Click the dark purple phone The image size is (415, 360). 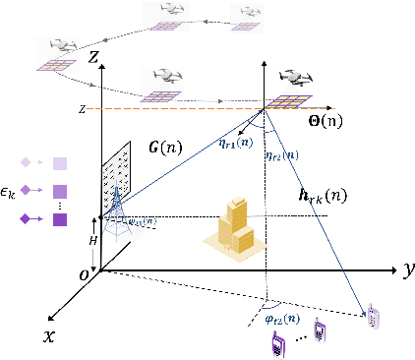(x=278, y=342)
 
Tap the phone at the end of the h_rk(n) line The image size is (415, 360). (x=373, y=317)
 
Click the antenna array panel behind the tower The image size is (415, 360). (x=116, y=173)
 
